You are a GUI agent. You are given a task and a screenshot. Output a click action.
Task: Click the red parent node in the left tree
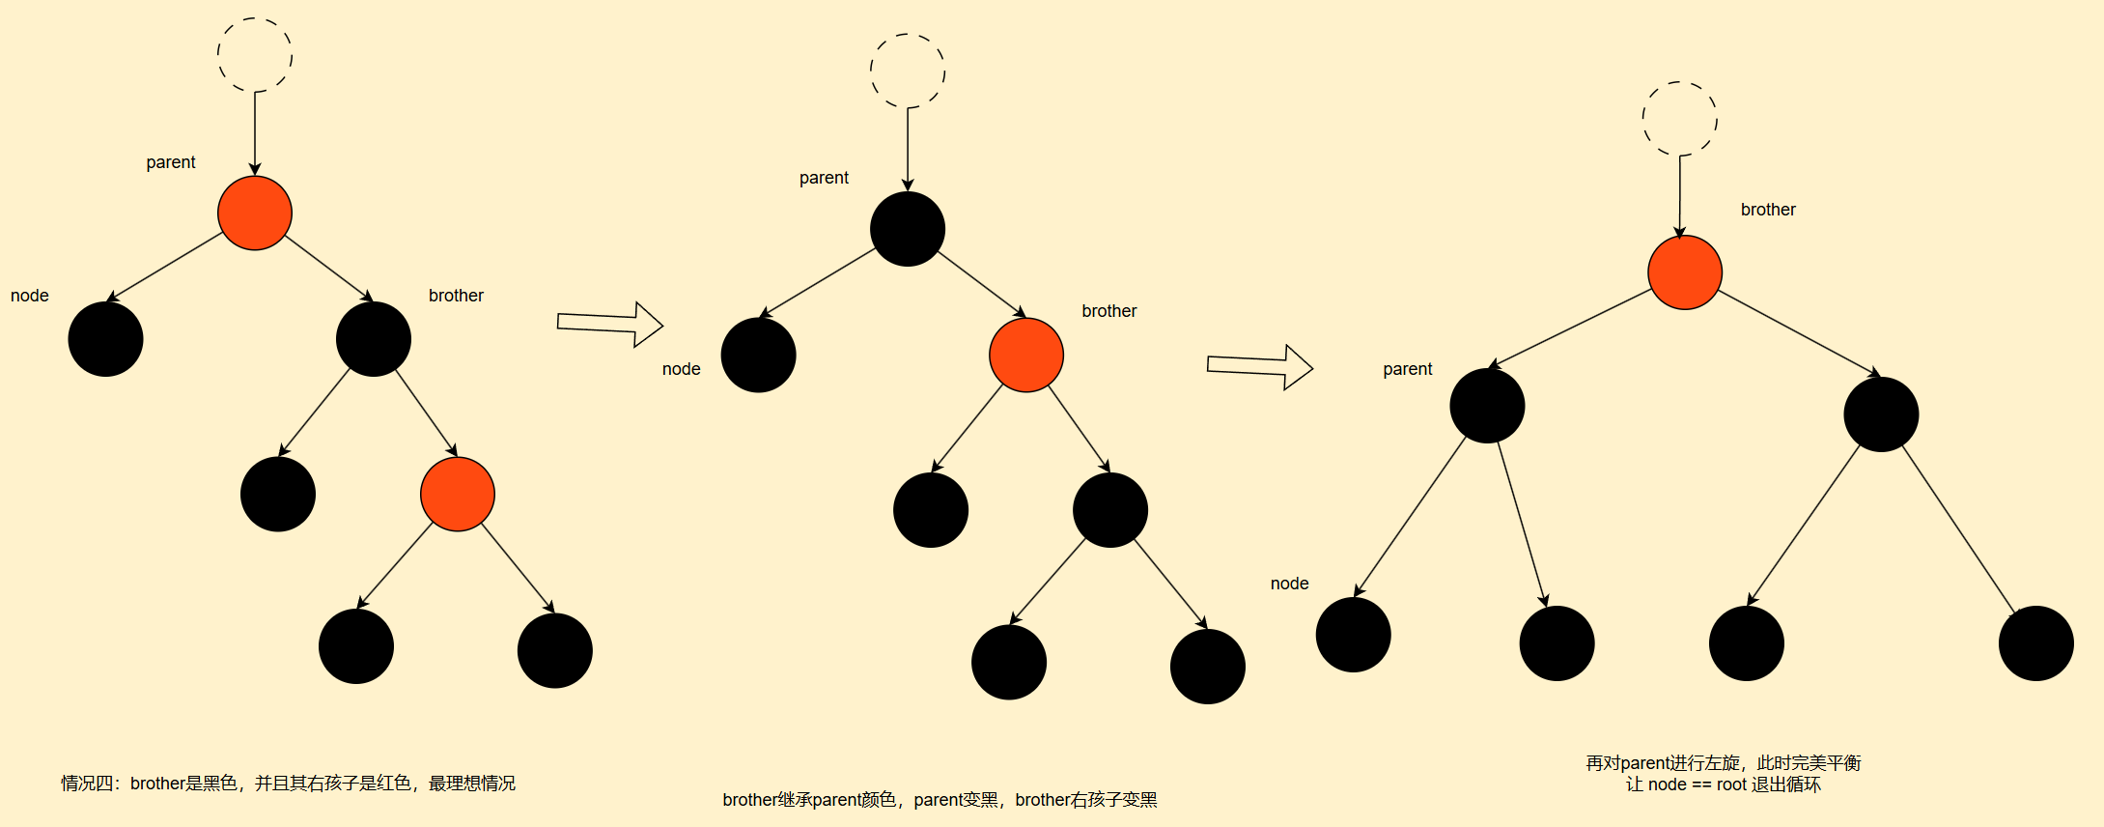(x=255, y=213)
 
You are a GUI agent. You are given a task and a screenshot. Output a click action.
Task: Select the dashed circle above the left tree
(x=255, y=55)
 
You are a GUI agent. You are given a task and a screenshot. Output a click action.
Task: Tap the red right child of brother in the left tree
(x=458, y=494)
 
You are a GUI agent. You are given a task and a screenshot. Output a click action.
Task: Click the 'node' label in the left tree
(x=30, y=296)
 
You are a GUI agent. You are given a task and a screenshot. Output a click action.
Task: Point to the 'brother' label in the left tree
(x=456, y=296)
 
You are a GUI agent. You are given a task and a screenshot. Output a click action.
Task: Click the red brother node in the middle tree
(x=1026, y=355)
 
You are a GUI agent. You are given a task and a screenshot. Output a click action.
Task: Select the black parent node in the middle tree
(x=908, y=229)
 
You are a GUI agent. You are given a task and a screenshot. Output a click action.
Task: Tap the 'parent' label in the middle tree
(x=824, y=178)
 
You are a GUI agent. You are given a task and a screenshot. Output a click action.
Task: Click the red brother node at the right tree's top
(x=1685, y=272)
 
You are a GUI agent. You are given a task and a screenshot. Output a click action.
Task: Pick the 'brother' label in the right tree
(x=1768, y=210)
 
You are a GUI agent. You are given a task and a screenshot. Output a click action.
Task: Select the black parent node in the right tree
(x=1487, y=406)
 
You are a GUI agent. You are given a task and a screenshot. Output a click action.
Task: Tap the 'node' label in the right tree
(x=1289, y=584)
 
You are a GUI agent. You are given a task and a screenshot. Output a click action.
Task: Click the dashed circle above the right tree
(x=1680, y=119)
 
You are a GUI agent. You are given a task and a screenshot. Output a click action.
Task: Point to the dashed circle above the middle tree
(x=908, y=71)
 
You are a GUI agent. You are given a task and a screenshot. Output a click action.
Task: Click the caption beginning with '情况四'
(x=288, y=784)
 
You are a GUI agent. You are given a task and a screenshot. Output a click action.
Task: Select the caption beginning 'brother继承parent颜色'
(x=940, y=800)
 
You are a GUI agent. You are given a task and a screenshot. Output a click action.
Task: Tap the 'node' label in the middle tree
(x=681, y=369)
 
